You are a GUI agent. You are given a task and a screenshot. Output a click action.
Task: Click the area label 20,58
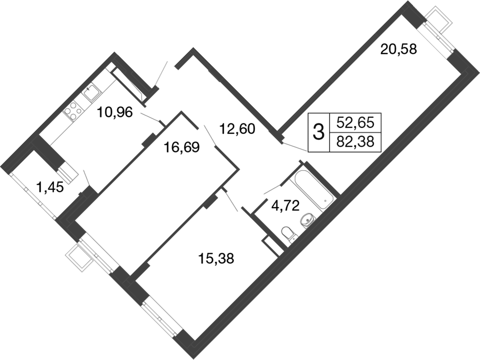[x=398, y=49]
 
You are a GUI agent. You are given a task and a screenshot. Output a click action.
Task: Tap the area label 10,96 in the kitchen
[x=115, y=113]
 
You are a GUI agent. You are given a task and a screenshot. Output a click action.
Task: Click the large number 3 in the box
[x=318, y=132]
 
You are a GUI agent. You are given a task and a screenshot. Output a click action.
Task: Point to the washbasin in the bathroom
[x=308, y=220]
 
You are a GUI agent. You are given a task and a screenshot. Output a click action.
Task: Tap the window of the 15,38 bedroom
[x=161, y=318]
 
